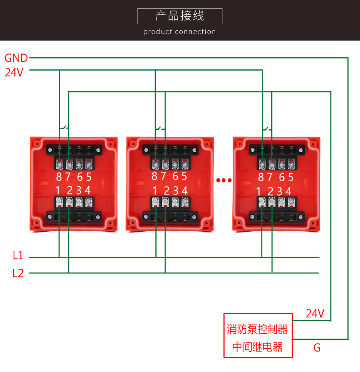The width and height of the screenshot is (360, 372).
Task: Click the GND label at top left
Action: tap(16, 58)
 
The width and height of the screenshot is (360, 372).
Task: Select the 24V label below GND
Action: tap(14, 72)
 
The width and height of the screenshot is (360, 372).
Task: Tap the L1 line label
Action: tap(18, 256)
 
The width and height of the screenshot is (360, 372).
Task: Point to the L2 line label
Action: tap(18, 273)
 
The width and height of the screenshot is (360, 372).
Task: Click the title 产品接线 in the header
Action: tap(180, 16)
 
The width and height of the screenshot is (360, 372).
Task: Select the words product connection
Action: tap(180, 32)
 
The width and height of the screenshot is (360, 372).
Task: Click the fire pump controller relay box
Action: tap(258, 335)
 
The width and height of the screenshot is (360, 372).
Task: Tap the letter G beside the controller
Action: tap(317, 347)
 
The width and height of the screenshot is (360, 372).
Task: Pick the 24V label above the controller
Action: tap(315, 314)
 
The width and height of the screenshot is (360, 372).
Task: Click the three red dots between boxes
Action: tap(224, 181)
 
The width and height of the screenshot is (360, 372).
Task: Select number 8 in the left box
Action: tap(59, 177)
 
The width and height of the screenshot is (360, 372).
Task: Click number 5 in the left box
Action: tap(89, 177)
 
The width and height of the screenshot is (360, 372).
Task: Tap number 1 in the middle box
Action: tap(155, 190)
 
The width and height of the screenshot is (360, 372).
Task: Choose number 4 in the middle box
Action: tap(185, 190)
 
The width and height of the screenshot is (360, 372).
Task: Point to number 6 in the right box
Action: tap(281, 177)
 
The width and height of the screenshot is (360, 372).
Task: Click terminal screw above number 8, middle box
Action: tap(155, 165)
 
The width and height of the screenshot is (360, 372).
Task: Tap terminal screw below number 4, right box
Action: tap(291, 202)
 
